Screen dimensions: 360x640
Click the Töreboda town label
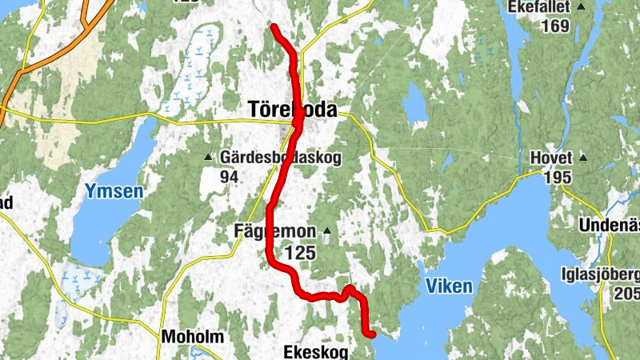point(292,109)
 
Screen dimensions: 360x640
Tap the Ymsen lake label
point(114,191)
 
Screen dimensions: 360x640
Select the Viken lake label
point(449,286)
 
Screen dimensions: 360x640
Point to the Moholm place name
point(191,336)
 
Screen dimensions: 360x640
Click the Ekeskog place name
point(317,350)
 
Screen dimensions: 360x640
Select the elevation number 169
point(554,26)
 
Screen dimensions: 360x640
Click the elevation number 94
point(230,176)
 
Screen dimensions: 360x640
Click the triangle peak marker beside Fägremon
point(326,232)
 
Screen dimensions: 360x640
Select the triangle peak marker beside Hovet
point(583,158)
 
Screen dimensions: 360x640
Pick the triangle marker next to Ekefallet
point(581,7)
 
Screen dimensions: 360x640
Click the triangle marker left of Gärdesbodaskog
point(210,157)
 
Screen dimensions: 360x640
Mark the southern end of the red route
point(372,334)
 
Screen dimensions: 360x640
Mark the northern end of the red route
point(274,28)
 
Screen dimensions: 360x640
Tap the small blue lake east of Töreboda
point(415,104)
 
